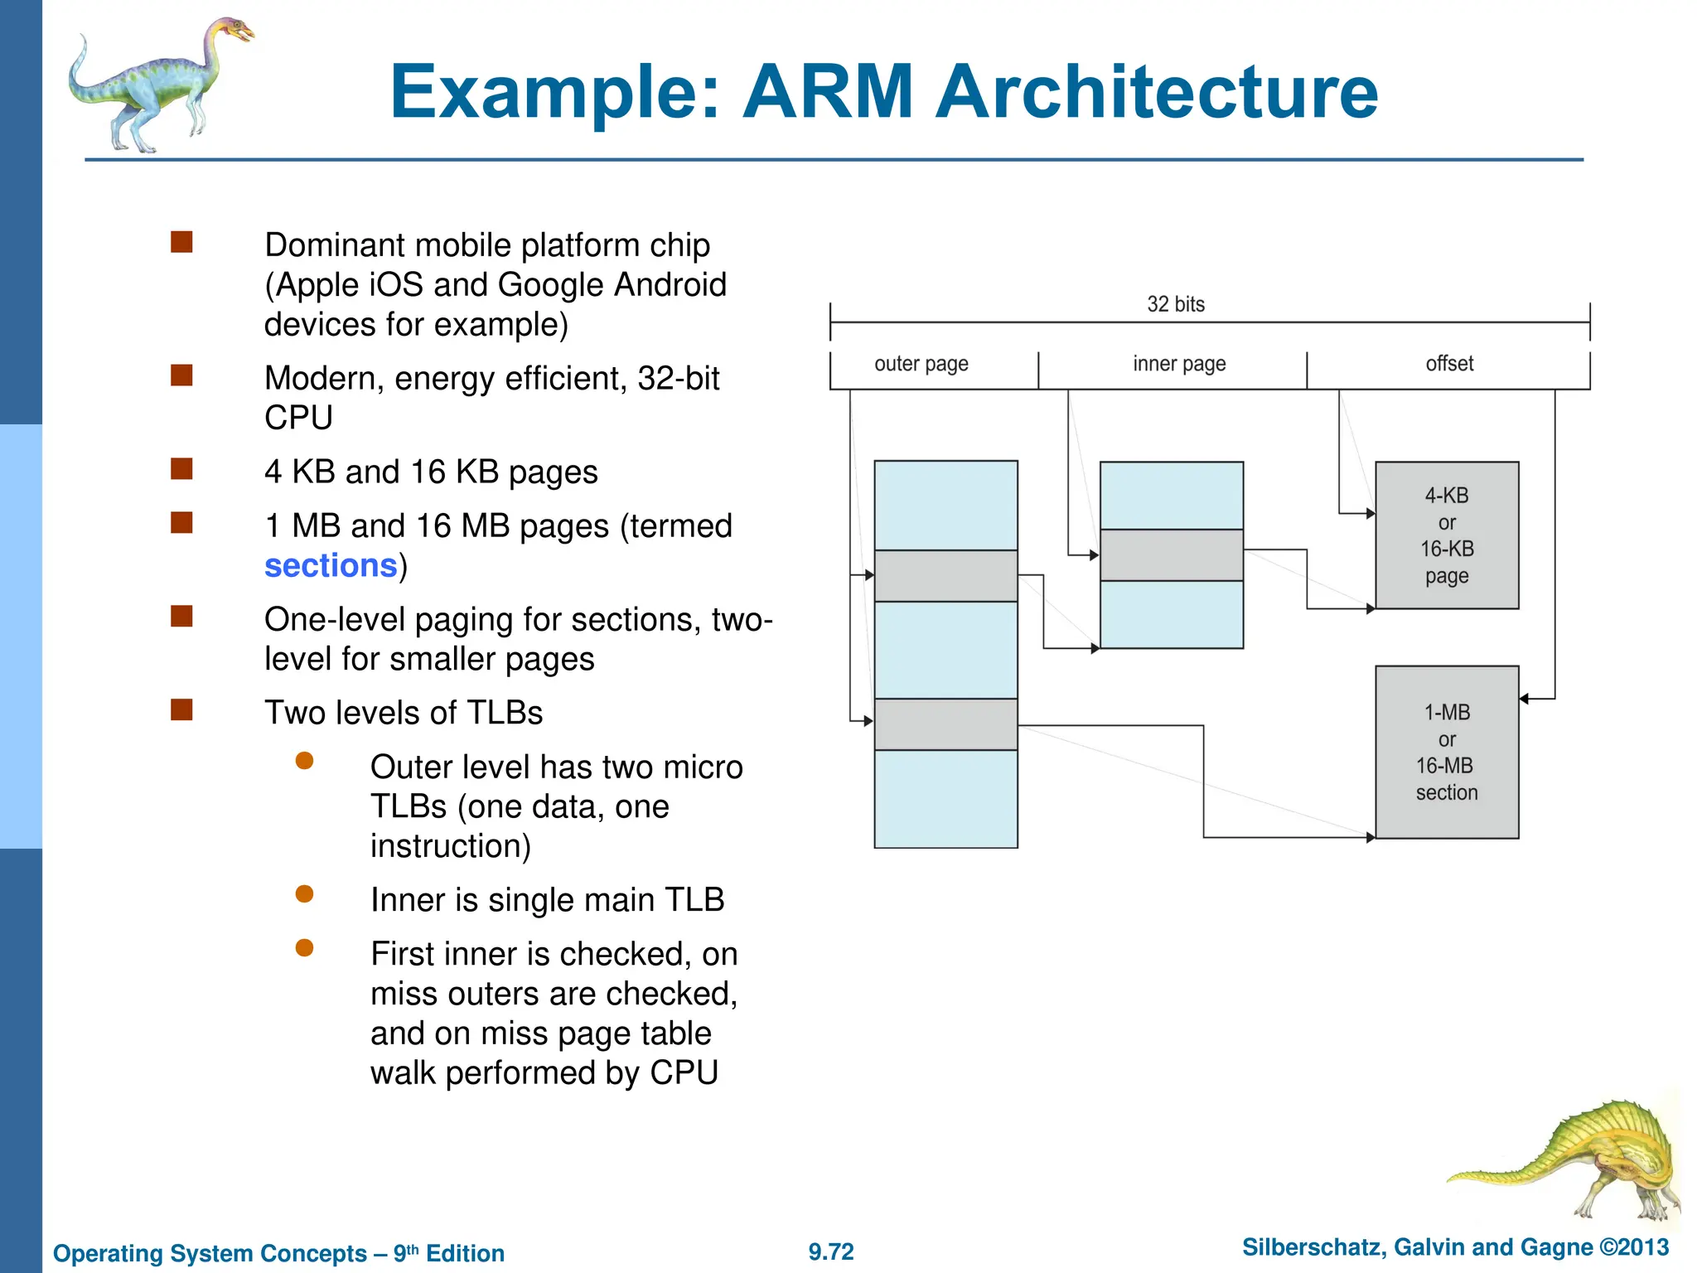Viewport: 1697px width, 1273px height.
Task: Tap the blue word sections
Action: coord(331,566)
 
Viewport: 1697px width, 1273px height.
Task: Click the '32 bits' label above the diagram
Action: coord(1175,304)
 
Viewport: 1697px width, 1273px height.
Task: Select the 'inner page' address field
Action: coord(1178,365)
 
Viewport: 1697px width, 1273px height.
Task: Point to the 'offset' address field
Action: coord(1448,365)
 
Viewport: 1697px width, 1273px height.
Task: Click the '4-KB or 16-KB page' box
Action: coord(1446,535)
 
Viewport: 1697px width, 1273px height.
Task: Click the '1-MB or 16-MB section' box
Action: coord(1446,752)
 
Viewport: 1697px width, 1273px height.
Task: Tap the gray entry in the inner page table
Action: coord(1171,555)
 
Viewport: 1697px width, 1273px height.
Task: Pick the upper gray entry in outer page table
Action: coord(945,576)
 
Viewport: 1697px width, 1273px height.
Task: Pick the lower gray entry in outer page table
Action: coord(945,724)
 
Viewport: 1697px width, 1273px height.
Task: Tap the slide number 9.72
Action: coord(830,1251)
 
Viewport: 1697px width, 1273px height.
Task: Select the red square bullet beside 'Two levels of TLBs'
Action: coord(181,710)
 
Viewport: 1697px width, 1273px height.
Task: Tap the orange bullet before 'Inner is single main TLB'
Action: coord(304,893)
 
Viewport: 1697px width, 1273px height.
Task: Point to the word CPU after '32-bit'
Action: coord(298,418)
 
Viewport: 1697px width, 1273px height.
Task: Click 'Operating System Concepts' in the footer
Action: coord(210,1253)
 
